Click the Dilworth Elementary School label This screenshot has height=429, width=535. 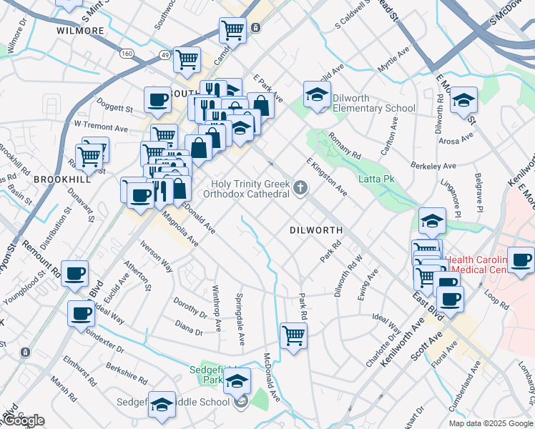click(x=370, y=109)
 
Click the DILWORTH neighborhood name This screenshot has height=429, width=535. click(x=316, y=230)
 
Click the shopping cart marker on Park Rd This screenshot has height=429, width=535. click(x=294, y=335)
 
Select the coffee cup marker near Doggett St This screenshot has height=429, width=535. click(x=157, y=101)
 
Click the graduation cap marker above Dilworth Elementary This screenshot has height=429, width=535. click(x=316, y=94)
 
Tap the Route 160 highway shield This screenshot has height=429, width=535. click(x=127, y=54)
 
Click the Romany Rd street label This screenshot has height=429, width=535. click(x=345, y=145)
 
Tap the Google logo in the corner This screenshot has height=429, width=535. click(x=24, y=420)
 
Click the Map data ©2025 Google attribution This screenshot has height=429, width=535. click(x=491, y=423)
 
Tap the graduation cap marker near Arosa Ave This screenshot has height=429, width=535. click(x=464, y=100)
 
